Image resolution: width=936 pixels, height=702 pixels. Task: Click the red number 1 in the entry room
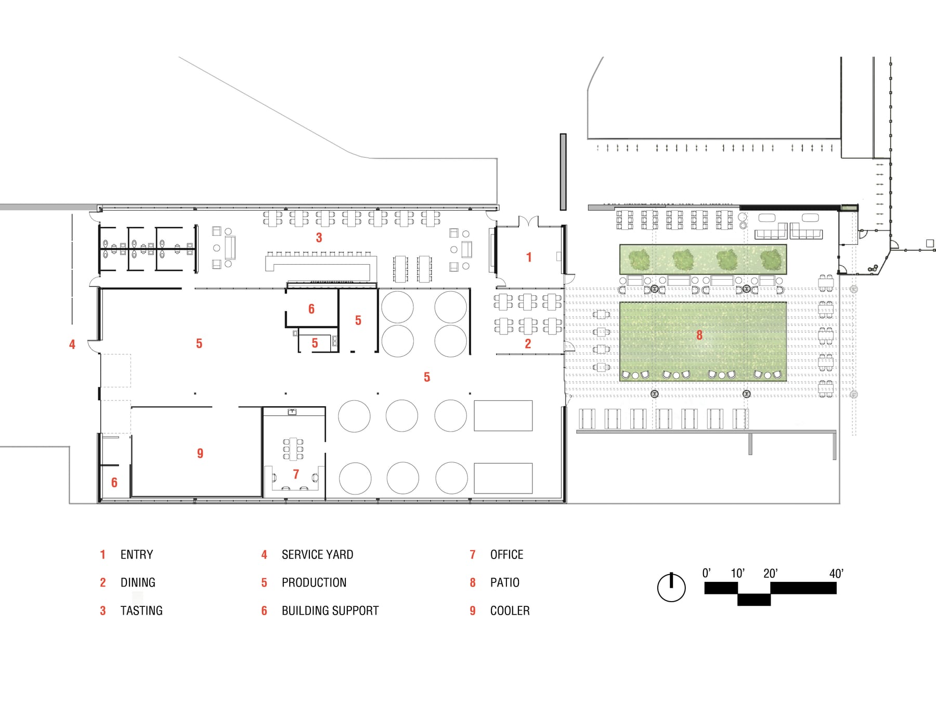click(x=529, y=257)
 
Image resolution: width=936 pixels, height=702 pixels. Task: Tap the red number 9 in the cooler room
click(x=200, y=453)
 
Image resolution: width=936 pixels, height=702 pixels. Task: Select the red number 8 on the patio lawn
click(x=699, y=335)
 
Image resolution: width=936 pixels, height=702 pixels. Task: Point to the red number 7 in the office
click(x=296, y=474)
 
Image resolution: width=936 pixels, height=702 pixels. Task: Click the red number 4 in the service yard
click(x=72, y=344)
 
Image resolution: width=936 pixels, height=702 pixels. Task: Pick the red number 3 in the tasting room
click(x=319, y=238)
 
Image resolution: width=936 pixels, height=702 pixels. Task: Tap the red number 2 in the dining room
click(x=528, y=344)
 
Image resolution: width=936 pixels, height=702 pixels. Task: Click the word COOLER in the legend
click(x=510, y=610)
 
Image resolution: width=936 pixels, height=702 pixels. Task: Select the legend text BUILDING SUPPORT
click(x=330, y=610)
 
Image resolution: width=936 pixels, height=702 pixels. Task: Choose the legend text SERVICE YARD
click(x=317, y=554)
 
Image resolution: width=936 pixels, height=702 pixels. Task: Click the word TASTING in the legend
click(x=141, y=610)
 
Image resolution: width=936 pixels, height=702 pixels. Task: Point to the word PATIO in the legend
click(x=504, y=582)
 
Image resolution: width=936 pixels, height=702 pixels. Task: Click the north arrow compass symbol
click(x=671, y=588)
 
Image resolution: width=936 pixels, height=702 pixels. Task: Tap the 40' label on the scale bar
click(x=836, y=574)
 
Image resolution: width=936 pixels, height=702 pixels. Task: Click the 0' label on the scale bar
click(x=706, y=573)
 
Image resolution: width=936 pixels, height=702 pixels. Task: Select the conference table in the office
click(x=293, y=449)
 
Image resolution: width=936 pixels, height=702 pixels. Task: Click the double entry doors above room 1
click(x=528, y=222)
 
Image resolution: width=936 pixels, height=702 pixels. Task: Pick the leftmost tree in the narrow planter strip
click(x=639, y=259)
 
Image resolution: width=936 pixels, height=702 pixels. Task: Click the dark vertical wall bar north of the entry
click(x=563, y=172)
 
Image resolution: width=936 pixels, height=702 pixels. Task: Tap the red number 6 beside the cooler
click(x=114, y=483)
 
